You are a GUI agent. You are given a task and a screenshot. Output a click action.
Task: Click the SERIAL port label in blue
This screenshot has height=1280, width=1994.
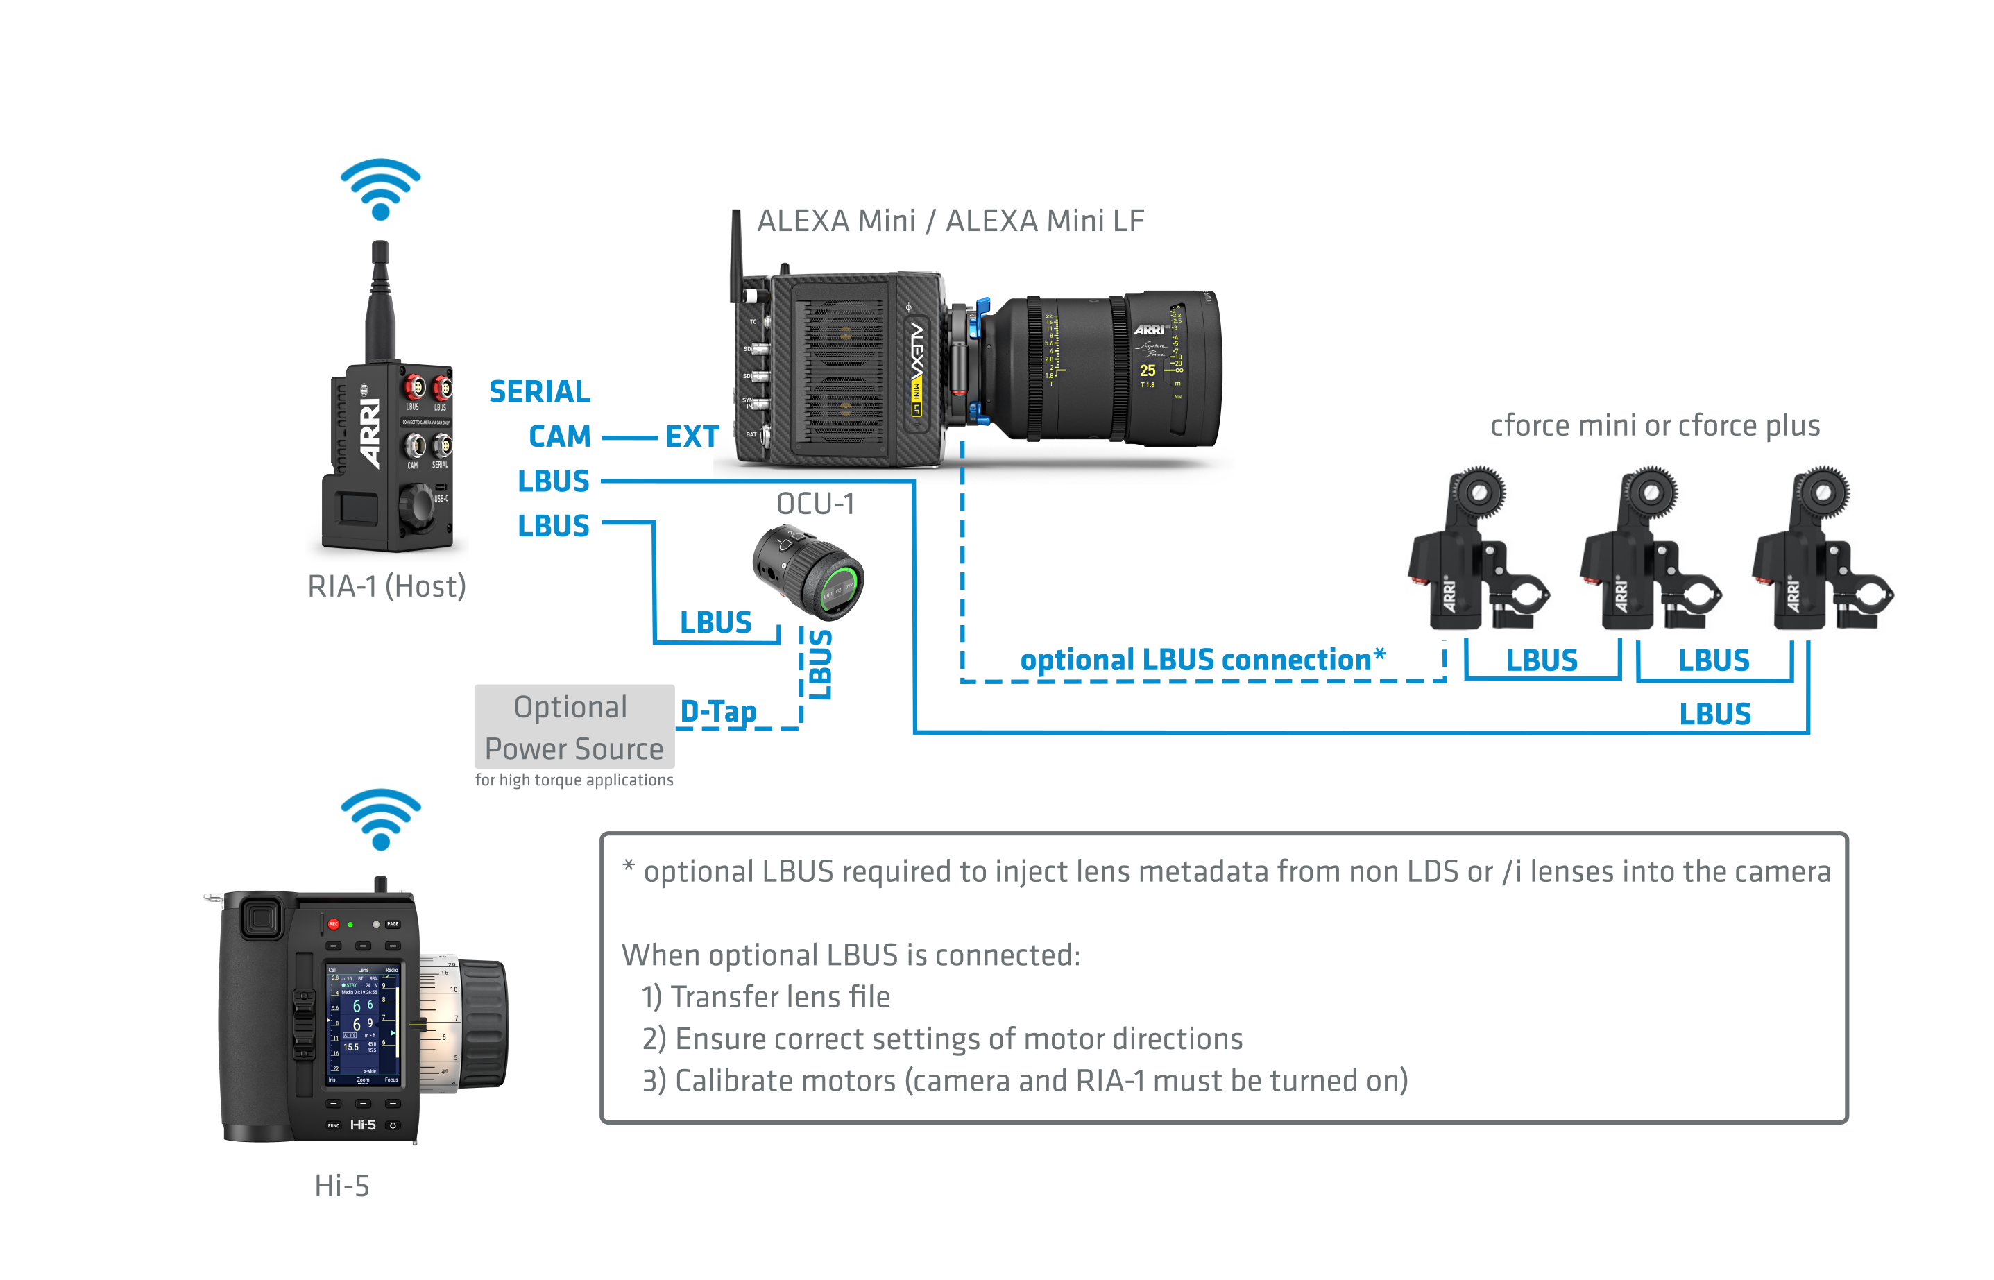(540, 391)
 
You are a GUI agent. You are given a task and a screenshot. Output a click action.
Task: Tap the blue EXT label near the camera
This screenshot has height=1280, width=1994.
(692, 436)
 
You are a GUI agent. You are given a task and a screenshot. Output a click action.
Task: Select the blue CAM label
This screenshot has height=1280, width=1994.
(559, 436)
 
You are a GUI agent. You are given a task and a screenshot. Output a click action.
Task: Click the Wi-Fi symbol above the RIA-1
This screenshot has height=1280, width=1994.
(381, 189)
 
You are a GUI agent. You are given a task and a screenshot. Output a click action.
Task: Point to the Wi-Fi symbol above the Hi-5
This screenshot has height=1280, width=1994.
(381, 819)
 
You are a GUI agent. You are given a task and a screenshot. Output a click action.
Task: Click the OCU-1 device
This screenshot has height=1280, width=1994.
(808, 572)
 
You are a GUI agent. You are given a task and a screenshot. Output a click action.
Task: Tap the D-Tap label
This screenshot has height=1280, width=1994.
(718, 712)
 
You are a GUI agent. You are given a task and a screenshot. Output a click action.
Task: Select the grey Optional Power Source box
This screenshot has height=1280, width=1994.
(574, 727)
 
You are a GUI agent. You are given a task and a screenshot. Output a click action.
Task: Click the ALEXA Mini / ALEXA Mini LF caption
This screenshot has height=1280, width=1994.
(950, 221)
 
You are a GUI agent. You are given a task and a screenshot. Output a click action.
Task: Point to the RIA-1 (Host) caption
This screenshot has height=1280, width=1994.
(386, 587)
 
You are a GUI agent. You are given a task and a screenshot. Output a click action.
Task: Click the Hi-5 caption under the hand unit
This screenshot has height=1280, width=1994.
(341, 1185)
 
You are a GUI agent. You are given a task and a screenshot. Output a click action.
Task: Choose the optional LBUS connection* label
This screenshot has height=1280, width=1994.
(1202, 660)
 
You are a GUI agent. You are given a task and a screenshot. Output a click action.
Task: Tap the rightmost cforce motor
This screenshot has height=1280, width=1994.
(1821, 553)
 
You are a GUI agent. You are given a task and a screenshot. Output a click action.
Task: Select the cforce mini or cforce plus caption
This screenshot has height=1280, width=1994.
(1654, 425)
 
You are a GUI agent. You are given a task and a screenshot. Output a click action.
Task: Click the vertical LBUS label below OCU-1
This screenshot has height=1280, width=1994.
(820, 664)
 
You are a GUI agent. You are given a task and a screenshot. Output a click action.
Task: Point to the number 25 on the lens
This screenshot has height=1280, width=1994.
(1147, 370)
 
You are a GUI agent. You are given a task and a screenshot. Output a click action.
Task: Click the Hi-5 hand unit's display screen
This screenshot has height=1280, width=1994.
(364, 1025)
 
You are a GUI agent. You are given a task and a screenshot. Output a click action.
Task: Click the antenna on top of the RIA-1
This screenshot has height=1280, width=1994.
(380, 299)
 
